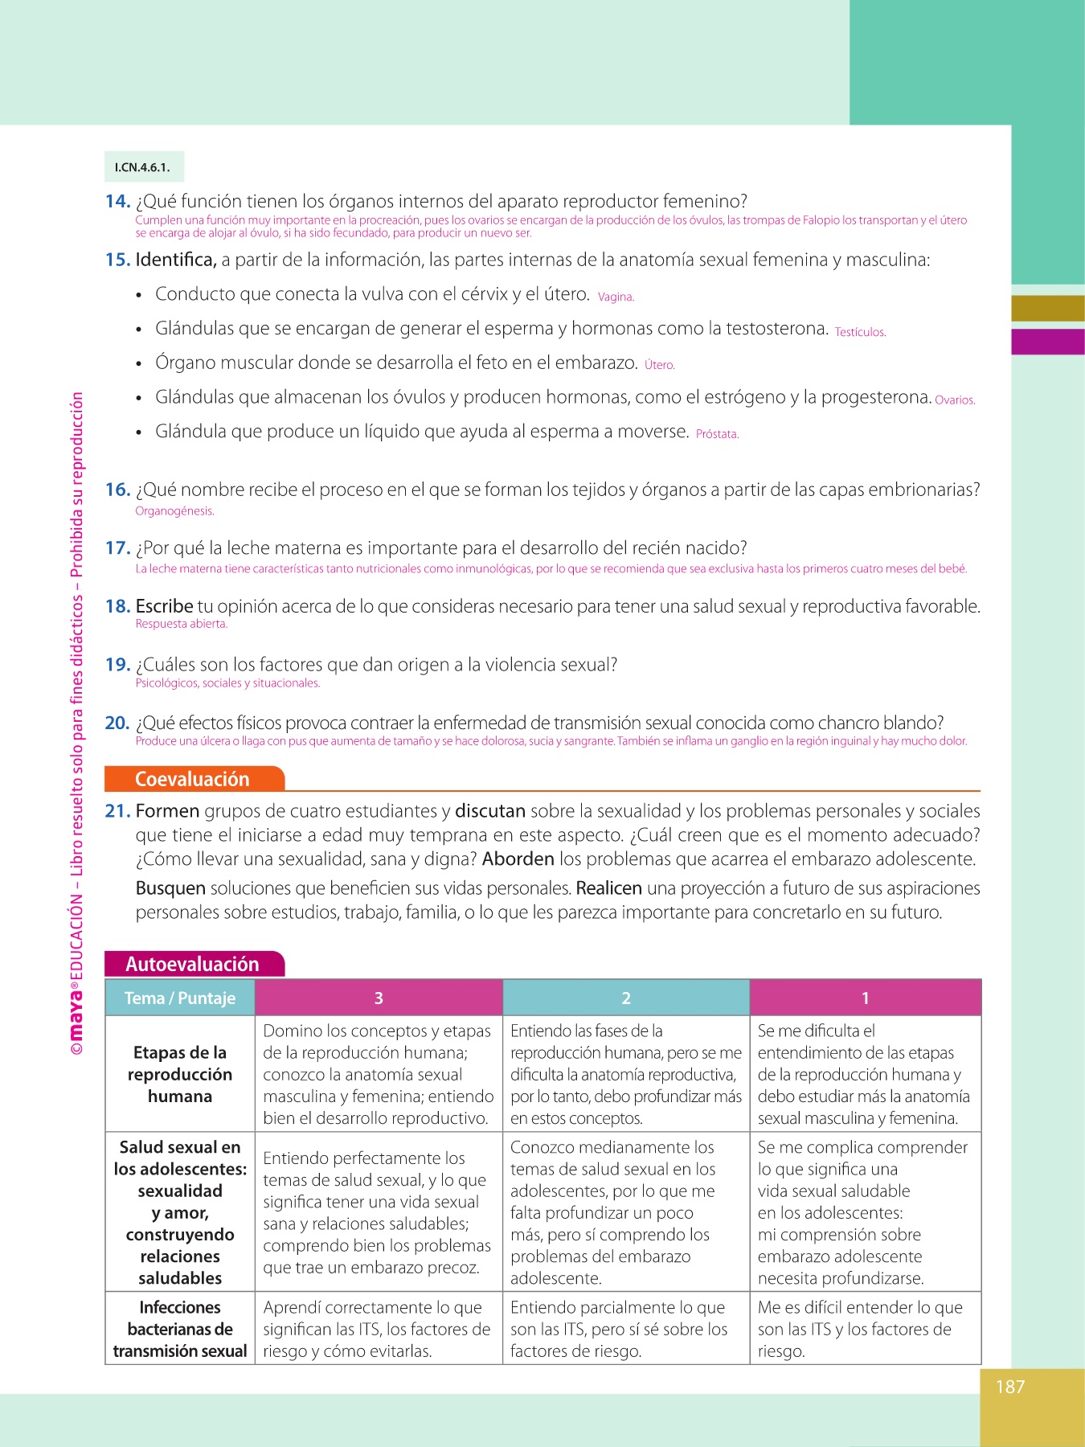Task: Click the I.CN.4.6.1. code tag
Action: tap(143, 167)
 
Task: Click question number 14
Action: tap(117, 201)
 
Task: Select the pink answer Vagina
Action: tap(616, 297)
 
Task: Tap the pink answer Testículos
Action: tap(860, 332)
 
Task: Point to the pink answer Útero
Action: tap(659, 365)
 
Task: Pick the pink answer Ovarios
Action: tap(955, 400)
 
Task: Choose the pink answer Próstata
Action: tap(717, 434)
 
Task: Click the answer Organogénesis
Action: tap(174, 511)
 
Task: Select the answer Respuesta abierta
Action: tap(182, 624)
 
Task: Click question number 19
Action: tap(117, 665)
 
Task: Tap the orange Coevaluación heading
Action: tap(193, 779)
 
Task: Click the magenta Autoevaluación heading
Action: tap(193, 964)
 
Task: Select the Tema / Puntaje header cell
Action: tap(180, 998)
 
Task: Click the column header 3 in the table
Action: tap(379, 998)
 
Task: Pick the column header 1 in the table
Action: tap(865, 998)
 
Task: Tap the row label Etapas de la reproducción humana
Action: tap(180, 1074)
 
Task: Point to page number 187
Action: tap(1010, 1387)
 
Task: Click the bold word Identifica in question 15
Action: tap(175, 260)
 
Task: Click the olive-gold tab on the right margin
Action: tap(1047, 309)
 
